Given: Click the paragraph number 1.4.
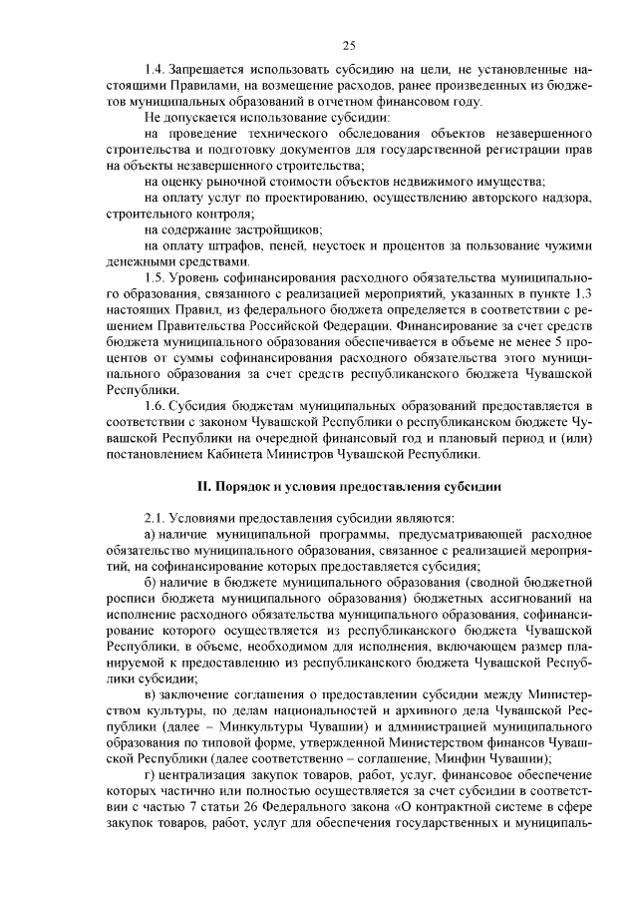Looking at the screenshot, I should pyautogui.click(x=154, y=71).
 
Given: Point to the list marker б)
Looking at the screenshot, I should pyautogui.click(x=151, y=581).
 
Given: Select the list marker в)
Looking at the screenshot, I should pyautogui.click(x=151, y=691).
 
